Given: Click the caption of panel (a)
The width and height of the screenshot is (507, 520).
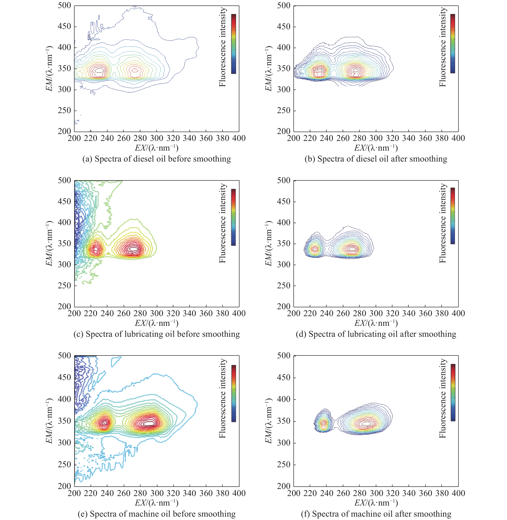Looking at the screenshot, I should point(157,159).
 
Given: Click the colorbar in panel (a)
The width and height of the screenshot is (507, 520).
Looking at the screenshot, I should point(234,44).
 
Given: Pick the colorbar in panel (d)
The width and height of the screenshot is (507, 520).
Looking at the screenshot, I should point(453,216).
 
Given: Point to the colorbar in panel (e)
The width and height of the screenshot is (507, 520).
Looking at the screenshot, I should point(234,393).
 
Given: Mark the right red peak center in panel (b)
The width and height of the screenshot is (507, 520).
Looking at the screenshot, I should point(356,70).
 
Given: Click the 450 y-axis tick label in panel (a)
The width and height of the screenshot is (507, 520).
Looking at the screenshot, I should point(64,26).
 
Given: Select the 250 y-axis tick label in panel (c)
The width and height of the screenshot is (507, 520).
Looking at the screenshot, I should point(64,286).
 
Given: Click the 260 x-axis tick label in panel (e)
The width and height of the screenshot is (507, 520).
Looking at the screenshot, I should point(124,493).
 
